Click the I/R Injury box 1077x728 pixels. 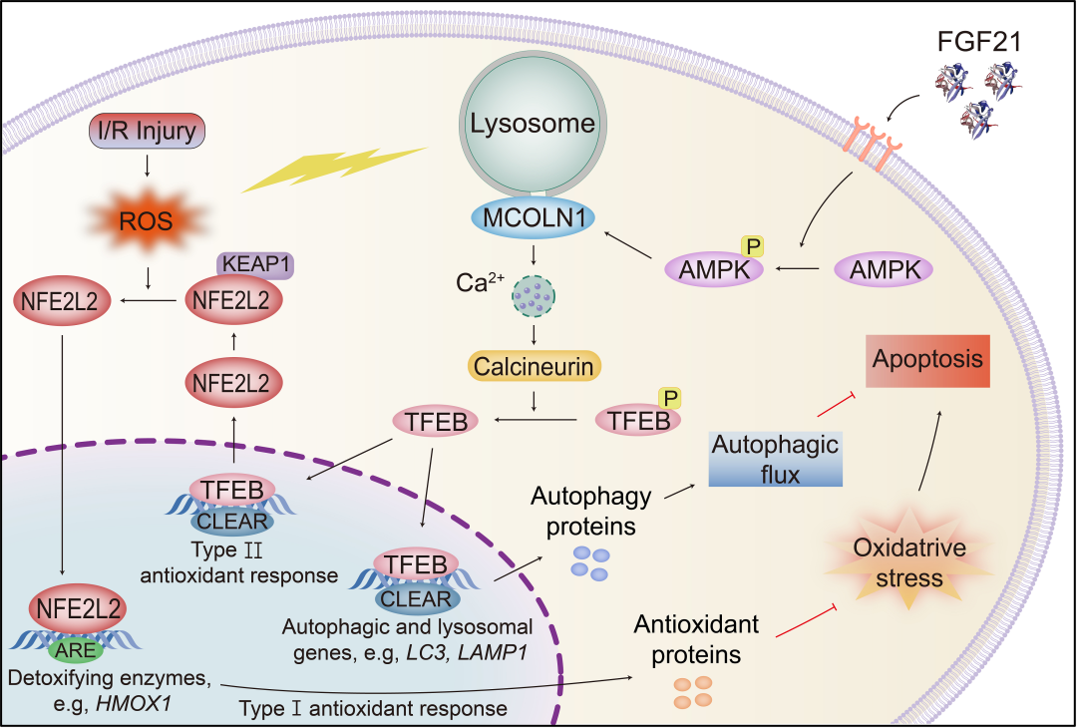pos(148,130)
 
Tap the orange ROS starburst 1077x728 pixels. pos(149,221)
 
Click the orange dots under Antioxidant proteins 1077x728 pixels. pos(691,691)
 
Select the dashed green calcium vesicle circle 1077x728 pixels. pos(534,297)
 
